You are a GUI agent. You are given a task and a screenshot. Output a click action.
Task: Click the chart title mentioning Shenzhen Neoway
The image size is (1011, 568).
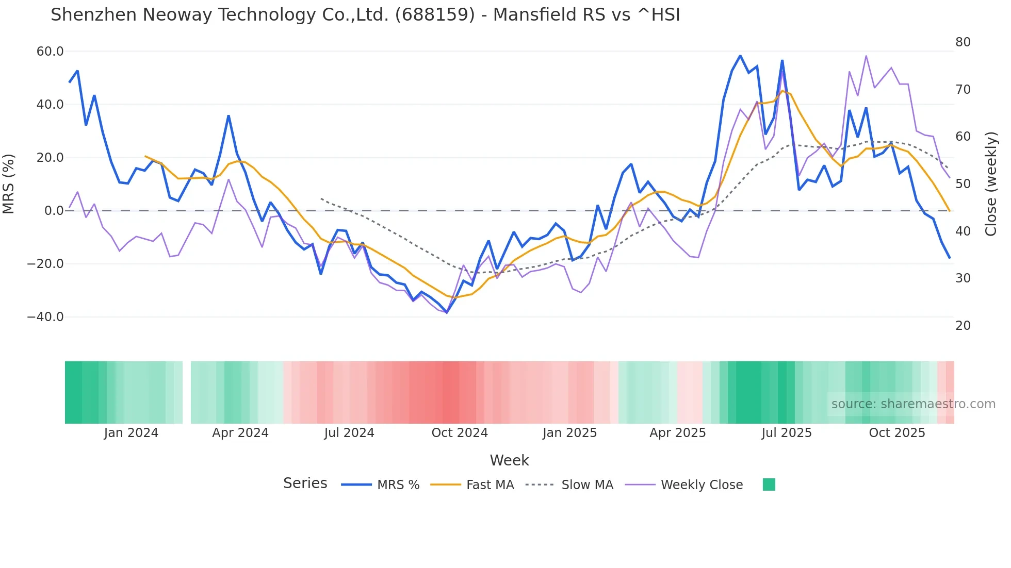pyautogui.click(x=365, y=15)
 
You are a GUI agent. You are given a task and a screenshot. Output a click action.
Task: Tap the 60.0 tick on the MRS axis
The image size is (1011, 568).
pyautogui.click(x=50, y=52)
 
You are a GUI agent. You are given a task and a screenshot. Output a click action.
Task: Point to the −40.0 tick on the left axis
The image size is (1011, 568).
pyautogui.click(x=45, y=317)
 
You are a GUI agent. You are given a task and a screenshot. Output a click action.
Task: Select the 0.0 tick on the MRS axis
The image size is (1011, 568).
pyautogui.click(x=54, y=211)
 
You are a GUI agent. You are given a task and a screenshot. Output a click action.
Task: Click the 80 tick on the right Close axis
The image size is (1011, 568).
pyautogui.click(x=963, y=42)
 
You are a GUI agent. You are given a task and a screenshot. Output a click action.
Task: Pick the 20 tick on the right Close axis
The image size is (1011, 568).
pyautogui.click(x=963, y=326)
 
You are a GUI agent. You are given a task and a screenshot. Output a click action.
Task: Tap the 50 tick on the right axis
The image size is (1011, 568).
pyautogui.click(x=963, y=184)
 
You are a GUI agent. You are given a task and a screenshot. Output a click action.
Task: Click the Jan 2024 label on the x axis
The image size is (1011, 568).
pyautogui.click(x=131, y=433)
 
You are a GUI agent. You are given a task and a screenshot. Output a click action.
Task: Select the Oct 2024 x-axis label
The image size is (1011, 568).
pyautogui.click(x=460, y=433)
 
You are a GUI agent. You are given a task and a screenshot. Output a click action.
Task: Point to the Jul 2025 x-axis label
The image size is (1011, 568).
pyautogui.click(x=787, y=433)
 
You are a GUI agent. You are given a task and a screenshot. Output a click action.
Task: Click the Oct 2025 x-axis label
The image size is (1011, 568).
pyautogui.click(x=897, y=433)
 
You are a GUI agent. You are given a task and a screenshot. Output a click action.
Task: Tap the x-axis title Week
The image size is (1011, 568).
pyautogui.click(x=509, y=460)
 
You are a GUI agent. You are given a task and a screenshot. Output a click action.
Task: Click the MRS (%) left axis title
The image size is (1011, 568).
pyautogui.click(x=9, y=184)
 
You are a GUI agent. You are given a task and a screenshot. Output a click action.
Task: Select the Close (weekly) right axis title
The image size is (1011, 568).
pyautogui.click(x=990, y=184)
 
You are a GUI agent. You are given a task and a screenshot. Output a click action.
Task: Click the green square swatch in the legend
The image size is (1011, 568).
pyautogui.click(x=769, y=485)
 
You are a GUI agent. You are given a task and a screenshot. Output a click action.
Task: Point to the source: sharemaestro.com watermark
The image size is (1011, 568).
pyautogui.click(x=913, y=404)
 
